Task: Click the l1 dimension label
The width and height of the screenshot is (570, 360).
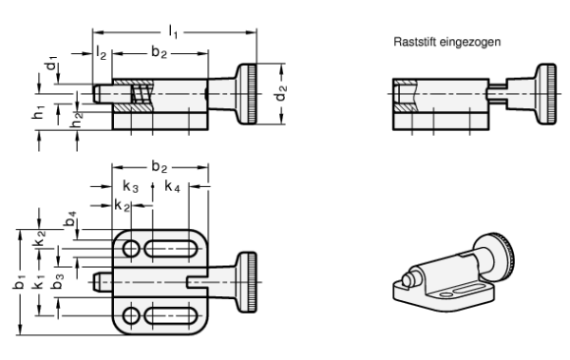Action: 173,32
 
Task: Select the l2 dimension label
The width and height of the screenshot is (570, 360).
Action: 101,53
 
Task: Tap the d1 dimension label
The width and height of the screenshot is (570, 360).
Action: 51,63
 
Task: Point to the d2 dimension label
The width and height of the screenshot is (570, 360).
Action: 281,92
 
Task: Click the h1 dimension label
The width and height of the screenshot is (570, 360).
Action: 38,112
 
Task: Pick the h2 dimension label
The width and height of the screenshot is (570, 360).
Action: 76,121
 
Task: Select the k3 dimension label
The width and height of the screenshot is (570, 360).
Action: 130,186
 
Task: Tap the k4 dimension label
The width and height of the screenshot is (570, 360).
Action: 172,186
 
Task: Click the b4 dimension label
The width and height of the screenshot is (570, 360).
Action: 70,218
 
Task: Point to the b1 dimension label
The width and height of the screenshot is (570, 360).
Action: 19,282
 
